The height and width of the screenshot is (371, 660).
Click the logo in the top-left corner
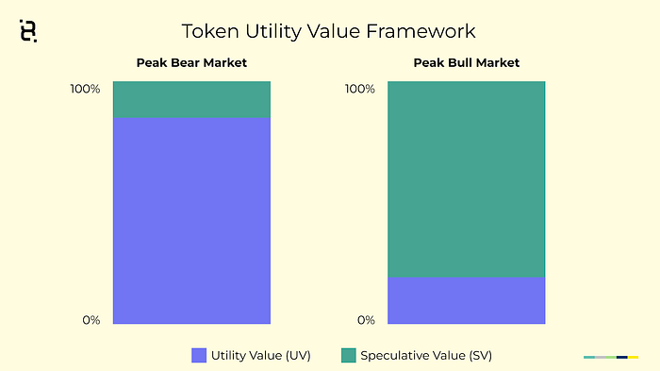coord(28,31)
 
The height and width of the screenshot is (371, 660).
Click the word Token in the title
coord(210,31)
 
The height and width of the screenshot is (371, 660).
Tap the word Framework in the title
coord(421,31)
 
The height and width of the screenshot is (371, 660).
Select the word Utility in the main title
coord(273,32)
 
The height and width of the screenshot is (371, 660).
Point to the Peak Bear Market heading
coord(191,63)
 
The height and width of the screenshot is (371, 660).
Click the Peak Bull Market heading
coord(467,63)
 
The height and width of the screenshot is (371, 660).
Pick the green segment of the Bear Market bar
coord(191,99)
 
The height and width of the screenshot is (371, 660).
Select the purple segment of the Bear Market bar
coord(191,221)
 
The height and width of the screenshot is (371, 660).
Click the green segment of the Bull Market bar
coord(467,179)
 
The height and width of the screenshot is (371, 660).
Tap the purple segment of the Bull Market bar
coord(467,300)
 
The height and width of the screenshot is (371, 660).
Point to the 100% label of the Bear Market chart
coord(85,89)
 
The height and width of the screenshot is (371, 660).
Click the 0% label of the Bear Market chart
coord(91,320)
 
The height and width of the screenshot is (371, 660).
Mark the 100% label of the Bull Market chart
coord(360,89)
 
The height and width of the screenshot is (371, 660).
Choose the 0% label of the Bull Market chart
coord(366,320)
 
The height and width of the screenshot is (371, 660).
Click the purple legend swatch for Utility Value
coord(199,355)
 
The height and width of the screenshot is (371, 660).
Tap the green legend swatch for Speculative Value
coord(349,355)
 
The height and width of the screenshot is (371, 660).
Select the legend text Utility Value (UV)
coord(261,356)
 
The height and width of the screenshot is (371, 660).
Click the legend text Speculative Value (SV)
coord(426,356)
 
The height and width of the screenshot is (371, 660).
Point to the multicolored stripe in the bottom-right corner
coord(611,357)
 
